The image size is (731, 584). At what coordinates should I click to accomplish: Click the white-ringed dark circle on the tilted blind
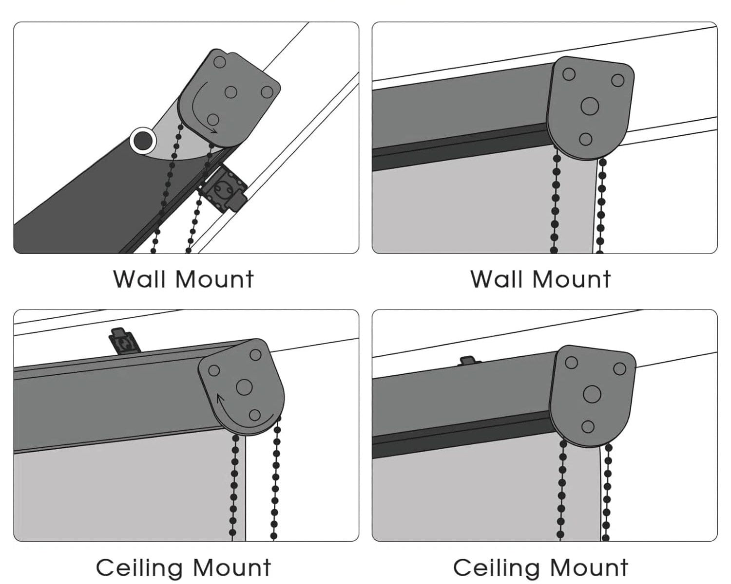click(x=143, y=141)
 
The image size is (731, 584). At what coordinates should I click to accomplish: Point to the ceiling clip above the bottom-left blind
click(x=124, y=341)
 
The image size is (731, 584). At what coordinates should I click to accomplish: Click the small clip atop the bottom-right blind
click(x=470, y=361)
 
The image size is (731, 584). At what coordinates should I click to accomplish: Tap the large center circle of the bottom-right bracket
click(x=592, y=393)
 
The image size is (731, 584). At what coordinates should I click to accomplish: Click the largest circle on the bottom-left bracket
click(x=244, y=387)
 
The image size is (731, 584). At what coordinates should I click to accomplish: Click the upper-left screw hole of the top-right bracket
click(x=569, y=74)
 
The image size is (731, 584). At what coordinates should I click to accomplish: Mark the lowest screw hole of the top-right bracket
click(x=585, y=139)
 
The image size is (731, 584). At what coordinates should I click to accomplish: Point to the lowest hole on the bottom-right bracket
click(x=588, y=427)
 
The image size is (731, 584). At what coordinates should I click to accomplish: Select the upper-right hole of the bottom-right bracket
click(x=619, y=368)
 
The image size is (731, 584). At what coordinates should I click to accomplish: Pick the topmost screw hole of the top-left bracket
click(x=219, y=62)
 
